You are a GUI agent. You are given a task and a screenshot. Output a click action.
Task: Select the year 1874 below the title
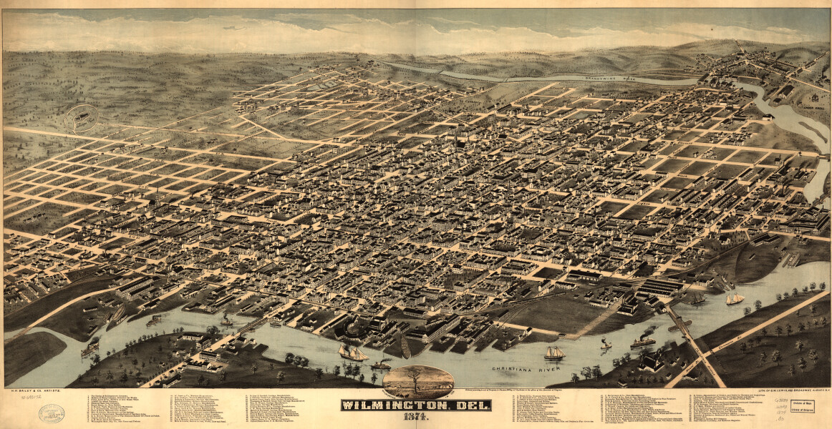click(x=416, y=417)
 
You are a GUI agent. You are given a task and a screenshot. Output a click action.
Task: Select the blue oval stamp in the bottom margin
click(x=52, y=414)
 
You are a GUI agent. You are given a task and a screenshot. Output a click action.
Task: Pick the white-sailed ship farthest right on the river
click(x=735, y=298)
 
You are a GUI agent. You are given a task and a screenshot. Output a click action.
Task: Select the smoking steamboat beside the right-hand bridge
click(x=644, y=339)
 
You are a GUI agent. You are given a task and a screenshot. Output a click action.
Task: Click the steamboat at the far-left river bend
click(x=90, y=348)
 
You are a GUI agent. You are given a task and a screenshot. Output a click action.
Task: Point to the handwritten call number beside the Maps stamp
click(x=780, y=409)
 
